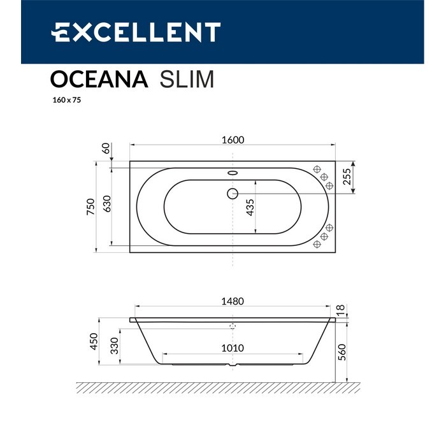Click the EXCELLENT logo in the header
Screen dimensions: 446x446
[x=136, y=32]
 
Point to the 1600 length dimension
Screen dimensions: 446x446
[x=233, y=141]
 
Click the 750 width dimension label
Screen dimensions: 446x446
[x=91, y=206]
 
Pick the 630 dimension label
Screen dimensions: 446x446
[x=108, y=203]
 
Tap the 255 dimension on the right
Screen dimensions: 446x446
[x=347, y=176]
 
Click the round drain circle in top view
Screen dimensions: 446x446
[x=233, y=192]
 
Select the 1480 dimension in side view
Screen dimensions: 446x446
[x=233, y=301]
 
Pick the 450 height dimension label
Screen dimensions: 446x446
[x=93, y=342]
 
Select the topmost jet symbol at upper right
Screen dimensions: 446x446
[x=317, y=169]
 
